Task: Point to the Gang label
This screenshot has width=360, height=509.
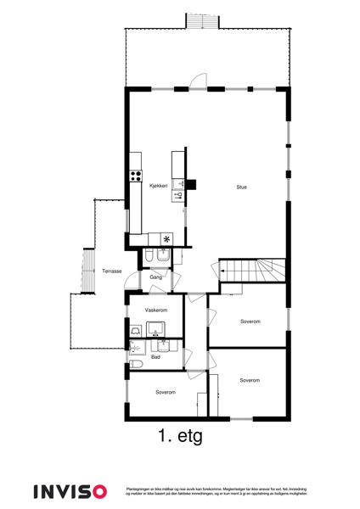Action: [155, 277]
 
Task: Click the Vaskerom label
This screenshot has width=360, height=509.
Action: [155, 310]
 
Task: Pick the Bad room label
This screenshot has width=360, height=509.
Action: [155, 357]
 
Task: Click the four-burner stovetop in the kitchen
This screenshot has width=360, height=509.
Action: [134, 176]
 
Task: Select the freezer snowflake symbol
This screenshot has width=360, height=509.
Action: [166, 238]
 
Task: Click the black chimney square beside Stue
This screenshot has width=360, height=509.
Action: [191, 182]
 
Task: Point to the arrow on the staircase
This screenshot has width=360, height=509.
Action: [222, 271]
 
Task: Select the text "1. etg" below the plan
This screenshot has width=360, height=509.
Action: [179, 438]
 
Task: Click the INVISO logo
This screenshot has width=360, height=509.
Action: [70, 491]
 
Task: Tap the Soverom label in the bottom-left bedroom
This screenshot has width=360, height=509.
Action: [166, 392]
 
